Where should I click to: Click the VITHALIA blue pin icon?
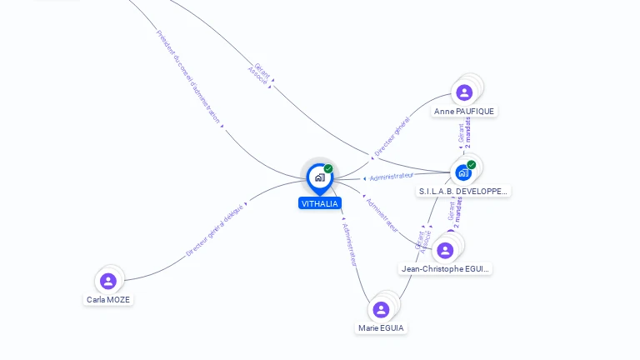(x=319, y=177)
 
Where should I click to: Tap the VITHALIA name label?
(x=320, y=203)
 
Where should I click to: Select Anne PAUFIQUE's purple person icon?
(x=464, y=92)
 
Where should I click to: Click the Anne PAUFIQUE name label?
(x=465, y=111)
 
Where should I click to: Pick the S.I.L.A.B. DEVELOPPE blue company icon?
(x=463, y=172)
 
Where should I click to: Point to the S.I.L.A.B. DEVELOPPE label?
(x=463, y=191)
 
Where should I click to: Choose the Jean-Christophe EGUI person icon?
(x=445, y=250)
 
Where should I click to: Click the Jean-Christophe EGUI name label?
(x=446, y=268)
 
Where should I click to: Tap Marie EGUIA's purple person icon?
(x=381, y=309)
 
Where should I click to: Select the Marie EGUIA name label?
(x=381, y=328)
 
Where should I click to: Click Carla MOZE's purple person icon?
(x=107, y=281)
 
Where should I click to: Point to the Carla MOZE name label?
(x=108, y=299)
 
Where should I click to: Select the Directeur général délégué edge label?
(x=215, y=229)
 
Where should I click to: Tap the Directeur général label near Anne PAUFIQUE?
(x=392, y=137)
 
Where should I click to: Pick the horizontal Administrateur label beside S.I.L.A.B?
(x=391, y=177)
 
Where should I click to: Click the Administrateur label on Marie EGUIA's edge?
(x=351, y=243)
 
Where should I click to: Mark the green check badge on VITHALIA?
(x=328, y=168)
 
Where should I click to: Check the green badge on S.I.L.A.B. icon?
(x=472, y=164)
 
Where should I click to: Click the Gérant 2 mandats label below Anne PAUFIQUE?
(x=465, y=133)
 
